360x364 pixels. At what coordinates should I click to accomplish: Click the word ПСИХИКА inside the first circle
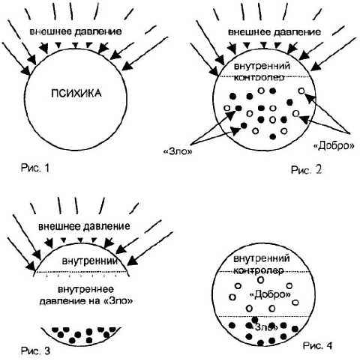pyautogui.click(x=76, y=94)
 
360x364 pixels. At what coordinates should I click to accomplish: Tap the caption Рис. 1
pyautogui.click(x=35, y=168)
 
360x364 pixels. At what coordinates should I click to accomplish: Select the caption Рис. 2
pyautogui.click(x=306, y=170)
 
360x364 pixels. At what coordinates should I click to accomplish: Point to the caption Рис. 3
pyautogui.click(x=35, y=351)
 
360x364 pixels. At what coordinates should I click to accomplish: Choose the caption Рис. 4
pyautogui.click(x=317, y=346)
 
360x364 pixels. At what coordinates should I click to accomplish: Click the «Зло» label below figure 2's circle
pyautogui.click(x=178, y=151)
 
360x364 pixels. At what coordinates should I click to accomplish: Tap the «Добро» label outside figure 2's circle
pyautogui.click(x=334, y=145)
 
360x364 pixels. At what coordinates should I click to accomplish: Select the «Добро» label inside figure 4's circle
pyautogui.click(x=271, y=295)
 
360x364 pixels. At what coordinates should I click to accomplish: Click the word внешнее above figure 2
pyautogui.click(x=246, y=32)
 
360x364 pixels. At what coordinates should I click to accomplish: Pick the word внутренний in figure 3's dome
pyautogui.click(x=90, y=261)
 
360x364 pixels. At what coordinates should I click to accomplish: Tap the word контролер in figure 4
pyautogui.click(x=259, y=270)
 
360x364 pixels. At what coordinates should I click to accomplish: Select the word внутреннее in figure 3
pyautogui.click(x=85, y=290)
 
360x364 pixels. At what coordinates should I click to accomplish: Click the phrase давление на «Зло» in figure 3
pyautogui.click(x=86, y=301)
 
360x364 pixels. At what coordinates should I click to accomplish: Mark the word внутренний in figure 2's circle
pyautogui.click(x=262, y=66)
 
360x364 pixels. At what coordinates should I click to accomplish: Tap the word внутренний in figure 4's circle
pyautogui.click(x=262, y=258)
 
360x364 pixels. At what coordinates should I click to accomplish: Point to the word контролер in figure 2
pyautogui.click(x=259, y=78)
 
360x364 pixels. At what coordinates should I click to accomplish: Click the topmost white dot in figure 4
pyautogui.click(x=261, y=280)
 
